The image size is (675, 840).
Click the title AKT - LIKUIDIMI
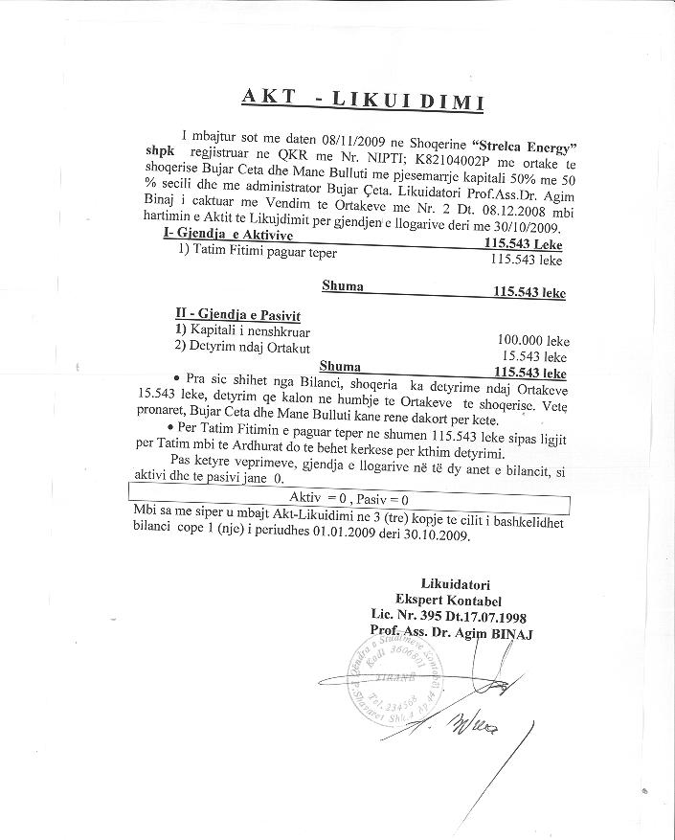(x=363, y=101)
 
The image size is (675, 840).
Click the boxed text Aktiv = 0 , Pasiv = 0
(x=349, y=499)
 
